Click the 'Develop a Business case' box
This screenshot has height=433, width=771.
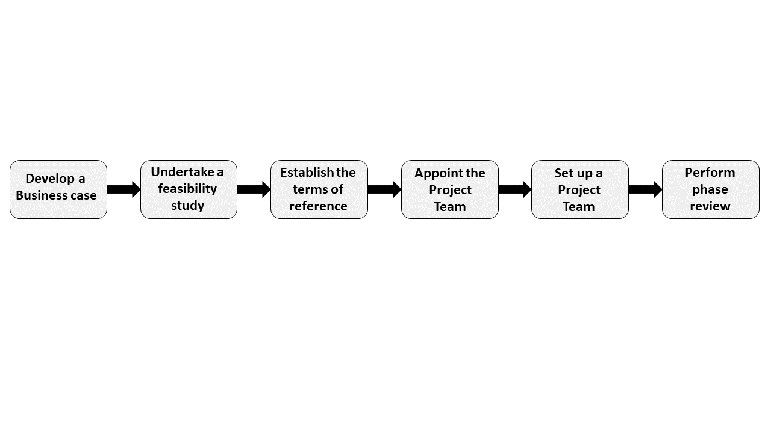pyautogui.click(x=58, y=189)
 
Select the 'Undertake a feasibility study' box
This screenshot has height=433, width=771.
pyautogui.click(x=189, y=189)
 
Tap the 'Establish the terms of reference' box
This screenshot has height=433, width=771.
pyautogui.click(x=319, y=189)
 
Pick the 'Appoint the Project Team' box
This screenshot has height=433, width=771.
pyautogui.click(x=449, y=189)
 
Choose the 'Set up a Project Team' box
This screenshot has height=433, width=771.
pyautogui.click(x=579, y=189)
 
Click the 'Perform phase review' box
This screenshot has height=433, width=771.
pyautogui.click(x=710, y=189)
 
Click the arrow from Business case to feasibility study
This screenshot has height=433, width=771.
pyautogui.click(x=123, y=189)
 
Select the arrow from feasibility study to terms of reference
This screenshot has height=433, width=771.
pyautogui.click(x=254, y=189)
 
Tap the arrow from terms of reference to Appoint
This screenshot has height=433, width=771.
pyautogui.click(x=384, y=189)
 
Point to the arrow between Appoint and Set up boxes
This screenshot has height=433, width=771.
pyautogui.click(x=514, y=189)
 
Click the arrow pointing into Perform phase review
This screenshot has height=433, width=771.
pyautogui.click(x=645, y=189)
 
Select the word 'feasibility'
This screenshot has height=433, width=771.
pyautogui.click(x=187, y=189)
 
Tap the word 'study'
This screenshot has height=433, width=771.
pyautogui.click(x=187, y=206)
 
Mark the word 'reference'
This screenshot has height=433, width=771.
pyautogui.click(x=318, y=206)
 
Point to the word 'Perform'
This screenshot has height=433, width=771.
pyautogui.click(x=710, y=173)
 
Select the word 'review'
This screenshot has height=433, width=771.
pyautogui.click(x=710, y=206)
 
